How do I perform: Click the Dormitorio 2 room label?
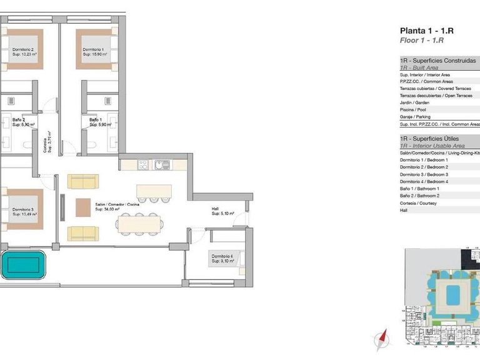(24, 52)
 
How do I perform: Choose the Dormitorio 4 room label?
(222, 258)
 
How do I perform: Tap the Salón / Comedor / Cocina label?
(116, 207)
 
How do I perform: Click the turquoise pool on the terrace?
(23, 265)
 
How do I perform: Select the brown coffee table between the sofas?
(83, 207)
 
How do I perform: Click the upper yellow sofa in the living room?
(83, 182)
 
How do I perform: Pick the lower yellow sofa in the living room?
(83, 233)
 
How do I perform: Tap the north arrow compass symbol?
(379, 341)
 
